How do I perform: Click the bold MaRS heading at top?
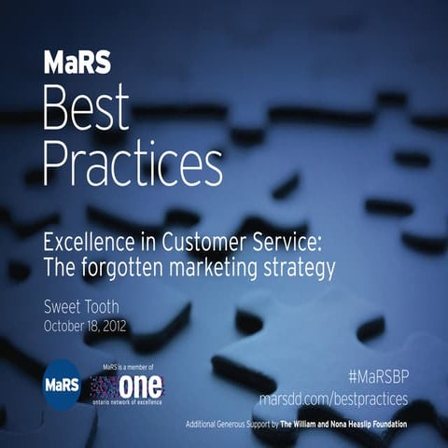tap(78, 63)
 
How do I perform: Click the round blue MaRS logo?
tap(63, 384)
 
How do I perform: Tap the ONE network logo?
tap(126, 385)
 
